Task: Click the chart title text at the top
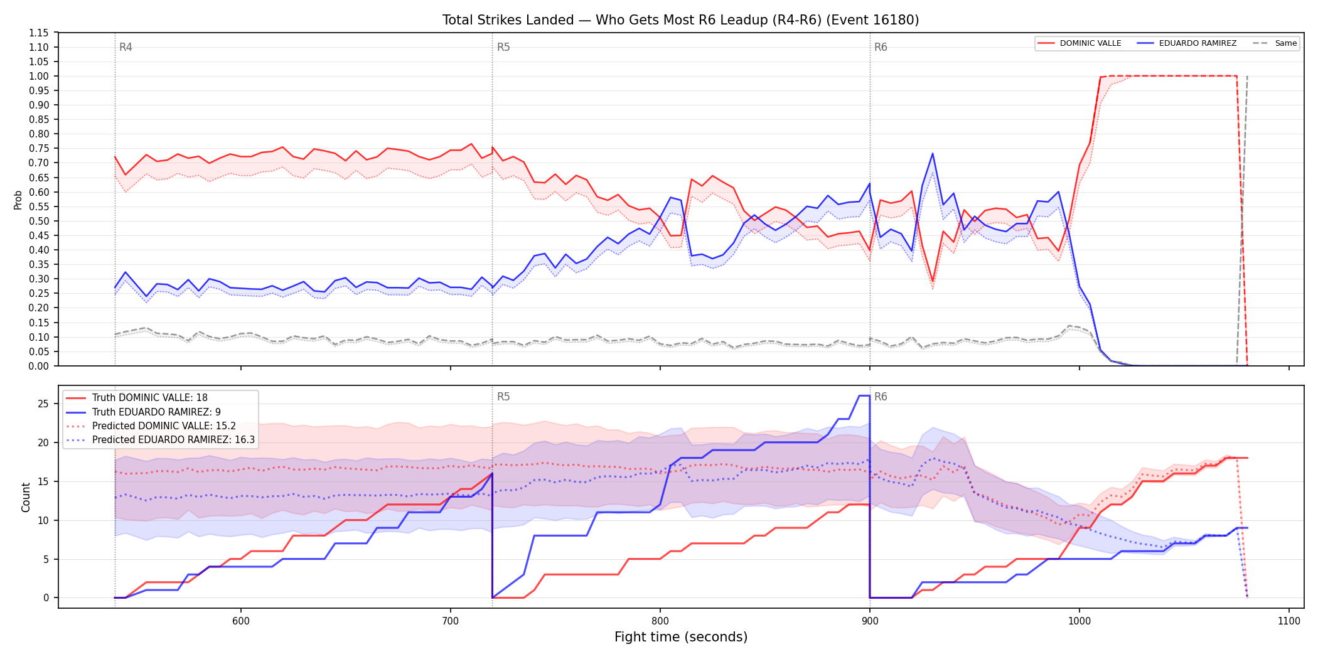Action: coord(680,20)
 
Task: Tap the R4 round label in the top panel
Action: coord(126,47)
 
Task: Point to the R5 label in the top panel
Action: coord(503,47)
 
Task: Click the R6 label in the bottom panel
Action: coord(881,397)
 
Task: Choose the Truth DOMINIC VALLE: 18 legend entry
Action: coord(150,398)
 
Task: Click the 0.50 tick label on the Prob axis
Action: coord(39,221)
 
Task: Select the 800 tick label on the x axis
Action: coord(660,621)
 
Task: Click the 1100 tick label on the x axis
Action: coord(1289,621)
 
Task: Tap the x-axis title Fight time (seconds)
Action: coord(681,637)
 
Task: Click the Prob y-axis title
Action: coord(18,200)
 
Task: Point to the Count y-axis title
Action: coord(26,497)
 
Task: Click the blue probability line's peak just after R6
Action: coord(933,153)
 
